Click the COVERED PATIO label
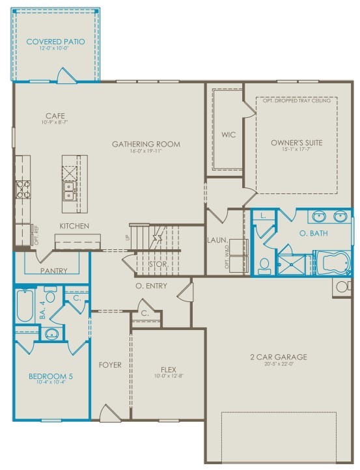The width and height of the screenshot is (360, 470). point(55,42)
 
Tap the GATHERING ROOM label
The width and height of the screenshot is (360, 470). point(146,144)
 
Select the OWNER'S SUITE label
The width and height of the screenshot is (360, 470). point(296,143)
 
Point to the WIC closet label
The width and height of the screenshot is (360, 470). point(228,135)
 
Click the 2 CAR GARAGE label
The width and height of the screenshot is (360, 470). point(278,357)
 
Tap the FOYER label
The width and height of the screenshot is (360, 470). point(110,365)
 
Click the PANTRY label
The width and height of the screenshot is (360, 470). point(53,270)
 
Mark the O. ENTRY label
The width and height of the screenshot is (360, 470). point(151,286)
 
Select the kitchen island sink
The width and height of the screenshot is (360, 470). point(69,189)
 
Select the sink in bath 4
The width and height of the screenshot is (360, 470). point(51,334)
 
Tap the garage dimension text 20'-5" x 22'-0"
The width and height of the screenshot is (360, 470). point(278,365)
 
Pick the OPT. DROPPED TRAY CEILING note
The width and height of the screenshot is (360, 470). point(296,101)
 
